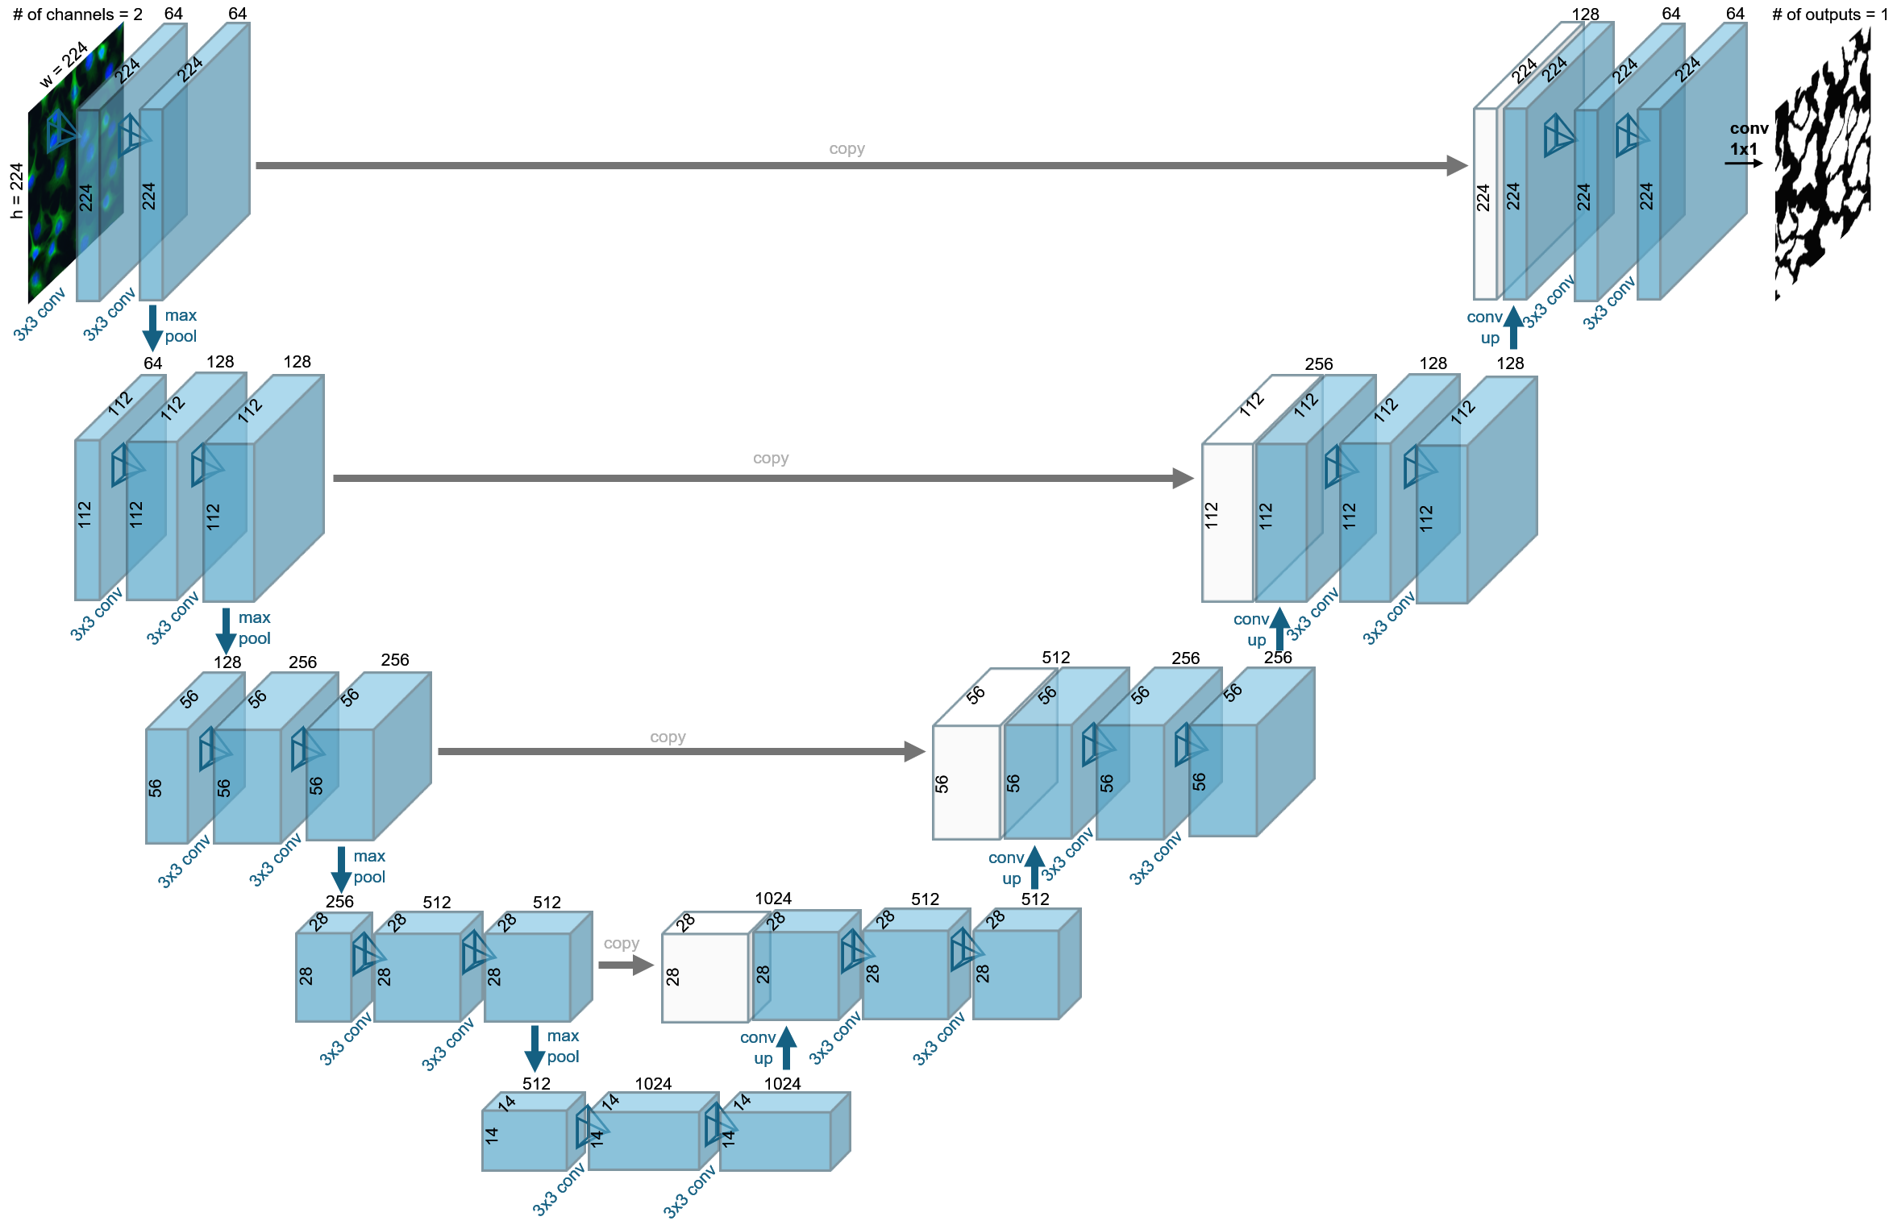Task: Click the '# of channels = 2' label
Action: coord(77,15)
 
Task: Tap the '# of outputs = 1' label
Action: coord(1829,15)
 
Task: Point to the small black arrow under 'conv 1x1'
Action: coord(1743,163)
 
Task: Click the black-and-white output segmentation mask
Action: coord(1821,161)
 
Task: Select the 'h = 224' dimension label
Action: coord(17,190)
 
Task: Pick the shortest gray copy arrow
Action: coord(626,965)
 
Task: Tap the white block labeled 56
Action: coord(965,782)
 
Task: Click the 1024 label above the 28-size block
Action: coord(773,898)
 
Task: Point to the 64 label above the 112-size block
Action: coord(152,363)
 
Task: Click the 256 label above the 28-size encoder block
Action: coord(339,901)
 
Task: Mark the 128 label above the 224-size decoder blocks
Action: coord(1585,15)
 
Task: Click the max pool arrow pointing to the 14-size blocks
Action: coord(535,1048)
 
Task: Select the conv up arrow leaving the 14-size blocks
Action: coord(786,1048)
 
